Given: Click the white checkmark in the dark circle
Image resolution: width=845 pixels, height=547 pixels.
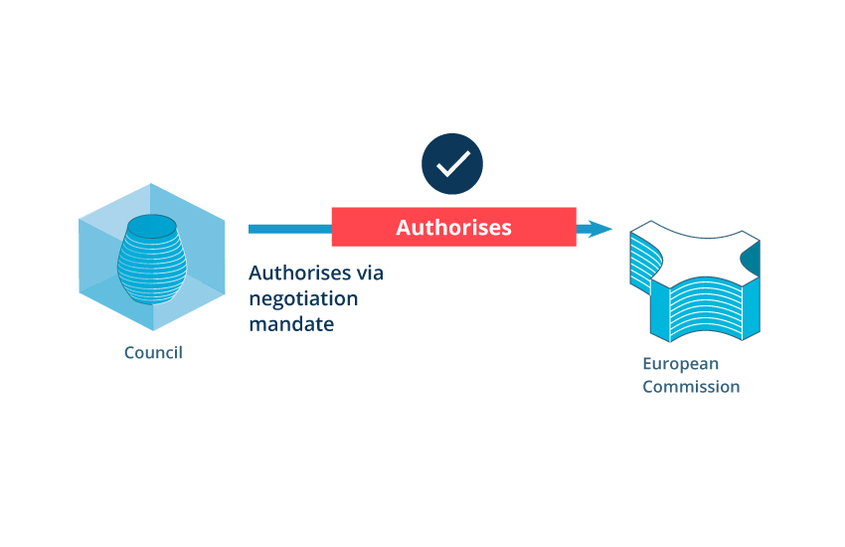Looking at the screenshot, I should click(x=452, y=164).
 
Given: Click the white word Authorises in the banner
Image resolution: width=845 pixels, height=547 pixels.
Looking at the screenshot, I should click(x=453, y=228).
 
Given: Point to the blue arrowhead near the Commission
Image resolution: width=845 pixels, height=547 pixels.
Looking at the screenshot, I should click(x=599, y=229).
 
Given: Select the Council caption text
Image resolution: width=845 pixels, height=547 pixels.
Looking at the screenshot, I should click(x=153, y=352).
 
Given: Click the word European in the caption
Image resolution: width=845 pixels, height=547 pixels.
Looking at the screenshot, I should click(x=680, y=363).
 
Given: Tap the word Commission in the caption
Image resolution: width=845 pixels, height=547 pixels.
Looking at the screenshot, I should click(x=691, y=387).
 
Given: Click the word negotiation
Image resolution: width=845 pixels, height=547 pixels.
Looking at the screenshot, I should click(x=303, y=298).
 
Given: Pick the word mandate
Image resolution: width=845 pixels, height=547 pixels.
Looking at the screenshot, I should click(x=291, y=323).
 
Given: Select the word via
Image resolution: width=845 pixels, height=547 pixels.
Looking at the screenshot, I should click(x=369, y=273).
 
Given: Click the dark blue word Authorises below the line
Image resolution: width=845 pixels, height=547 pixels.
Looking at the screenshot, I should click(x=298, y=273).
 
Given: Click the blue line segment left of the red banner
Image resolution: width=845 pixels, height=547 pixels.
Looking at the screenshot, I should click(x=289, y=229).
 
